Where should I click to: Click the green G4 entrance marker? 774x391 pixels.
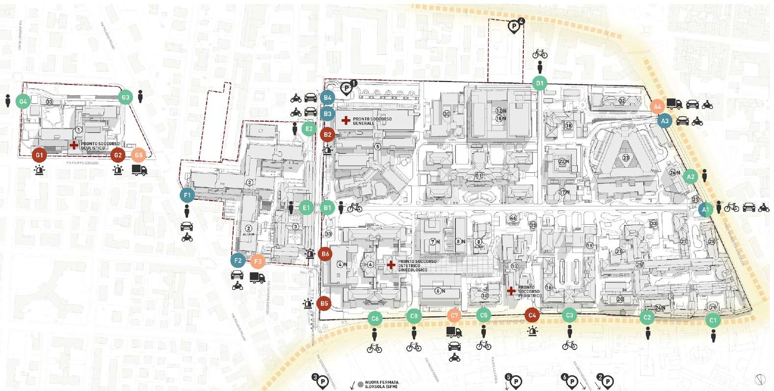(23, 102)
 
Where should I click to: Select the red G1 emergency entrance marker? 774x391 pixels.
(39, 155)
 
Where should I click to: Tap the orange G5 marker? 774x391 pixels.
(138, 155)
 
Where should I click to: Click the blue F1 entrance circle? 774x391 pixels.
(187, 195)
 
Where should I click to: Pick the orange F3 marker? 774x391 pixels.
(258, 261)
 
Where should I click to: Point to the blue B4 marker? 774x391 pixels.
(327, 98)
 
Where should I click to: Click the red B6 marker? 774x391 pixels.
(324, 254)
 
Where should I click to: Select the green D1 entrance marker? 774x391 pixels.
(540, 83)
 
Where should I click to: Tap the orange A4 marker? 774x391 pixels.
(657, 106)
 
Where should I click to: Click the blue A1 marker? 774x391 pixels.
(705, 209)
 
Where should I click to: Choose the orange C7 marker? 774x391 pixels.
(454, 315)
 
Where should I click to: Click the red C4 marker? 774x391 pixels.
(532, 315)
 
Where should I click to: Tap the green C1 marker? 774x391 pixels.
(713, 320)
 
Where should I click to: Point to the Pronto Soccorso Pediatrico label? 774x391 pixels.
(530, 291)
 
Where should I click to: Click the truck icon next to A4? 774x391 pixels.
(674, 104)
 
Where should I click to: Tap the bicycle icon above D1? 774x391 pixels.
(540, 53)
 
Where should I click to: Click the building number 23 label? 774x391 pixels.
(626, 157)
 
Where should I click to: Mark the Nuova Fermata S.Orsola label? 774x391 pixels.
(381, 384)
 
